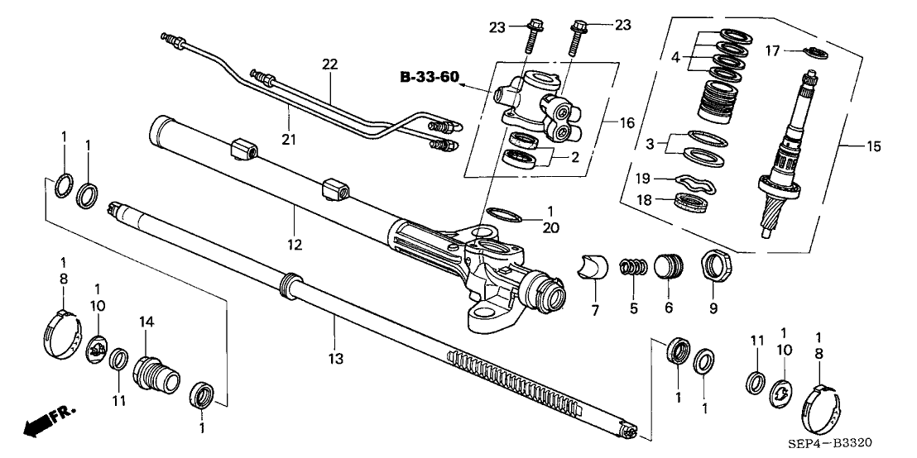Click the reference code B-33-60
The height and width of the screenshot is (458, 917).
(430, 77)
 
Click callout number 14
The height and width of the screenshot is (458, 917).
(146, 322)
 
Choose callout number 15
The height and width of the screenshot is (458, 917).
(874, 146)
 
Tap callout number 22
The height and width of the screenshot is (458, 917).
(330, 64)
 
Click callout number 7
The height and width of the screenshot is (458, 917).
(595, 311)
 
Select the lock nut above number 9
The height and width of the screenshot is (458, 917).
(713, 265)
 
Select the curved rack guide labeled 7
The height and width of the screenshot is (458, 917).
(593, 269)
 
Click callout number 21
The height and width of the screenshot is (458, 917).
(289, 141)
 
